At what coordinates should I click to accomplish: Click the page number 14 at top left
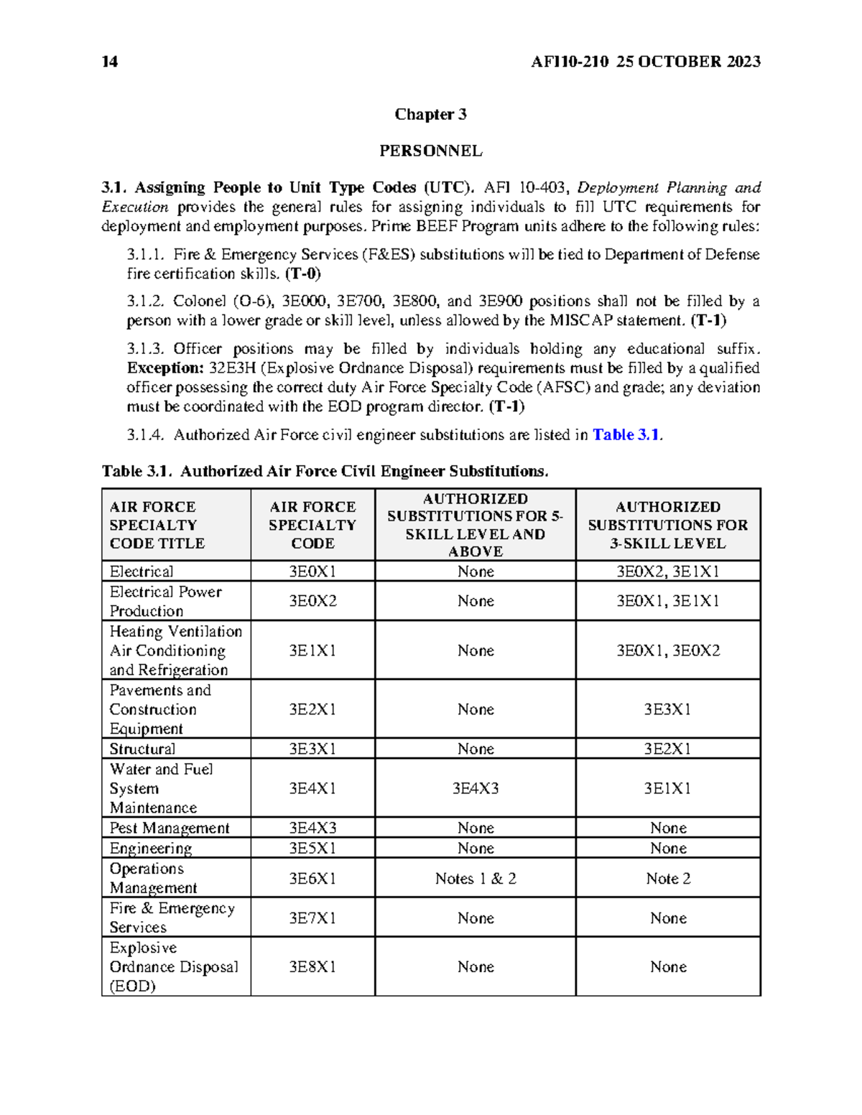click(110, 62)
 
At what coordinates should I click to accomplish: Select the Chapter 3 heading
click(430, 114)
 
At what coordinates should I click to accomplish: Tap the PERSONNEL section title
click(430, 151)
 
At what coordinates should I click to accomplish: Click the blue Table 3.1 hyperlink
click(625, 435)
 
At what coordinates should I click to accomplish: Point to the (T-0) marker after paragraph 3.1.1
click(302, 274)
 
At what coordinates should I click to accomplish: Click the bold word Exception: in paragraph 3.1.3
click(165, 368)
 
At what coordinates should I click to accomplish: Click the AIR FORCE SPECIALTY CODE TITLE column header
click(157, 525)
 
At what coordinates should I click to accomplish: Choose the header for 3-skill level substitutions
click(667, 525)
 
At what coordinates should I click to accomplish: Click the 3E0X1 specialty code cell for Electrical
click(312, 572)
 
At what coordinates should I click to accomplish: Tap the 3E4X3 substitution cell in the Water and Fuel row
click(475, 788)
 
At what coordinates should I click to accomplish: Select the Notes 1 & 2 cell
click(475, 879)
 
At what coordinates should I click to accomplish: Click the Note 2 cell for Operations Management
click(667, 879)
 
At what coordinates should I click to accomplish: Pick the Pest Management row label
click(170, 828)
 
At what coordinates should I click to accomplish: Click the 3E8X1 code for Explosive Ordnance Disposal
click(312, 967)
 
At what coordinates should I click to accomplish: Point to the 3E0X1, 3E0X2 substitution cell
click(667, 650)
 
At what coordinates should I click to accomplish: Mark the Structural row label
click(142, 749)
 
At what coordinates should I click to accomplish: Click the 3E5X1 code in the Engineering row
click(312, 848)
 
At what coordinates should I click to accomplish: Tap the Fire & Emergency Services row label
click(172, 918)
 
